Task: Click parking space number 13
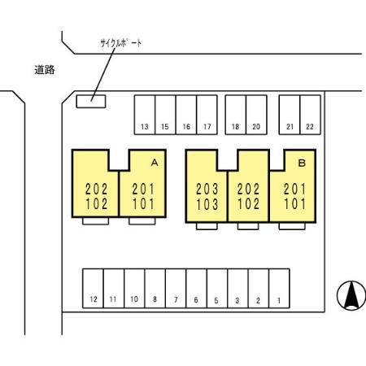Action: point(145,115)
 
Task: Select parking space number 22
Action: point(311,115)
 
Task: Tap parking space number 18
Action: point(236,115)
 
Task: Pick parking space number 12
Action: point(93,289)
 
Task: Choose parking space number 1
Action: point(279,289)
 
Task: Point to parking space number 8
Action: point(155,289)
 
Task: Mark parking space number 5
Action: point(217,289)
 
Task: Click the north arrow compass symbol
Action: point(351,295)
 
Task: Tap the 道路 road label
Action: point(45,70)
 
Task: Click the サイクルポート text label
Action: point(121,43)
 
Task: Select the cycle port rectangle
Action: point(91,102)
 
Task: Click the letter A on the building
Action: point(155,163)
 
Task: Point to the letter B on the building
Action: point(302,163)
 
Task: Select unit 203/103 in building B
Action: point(207,186)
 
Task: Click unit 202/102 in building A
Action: point(95,184)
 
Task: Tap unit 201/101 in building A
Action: point(142,184)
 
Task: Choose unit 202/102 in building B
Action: point(249,186)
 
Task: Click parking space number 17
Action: point(207,115)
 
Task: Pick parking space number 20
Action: point(256,115)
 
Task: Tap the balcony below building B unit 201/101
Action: point(292,226)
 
